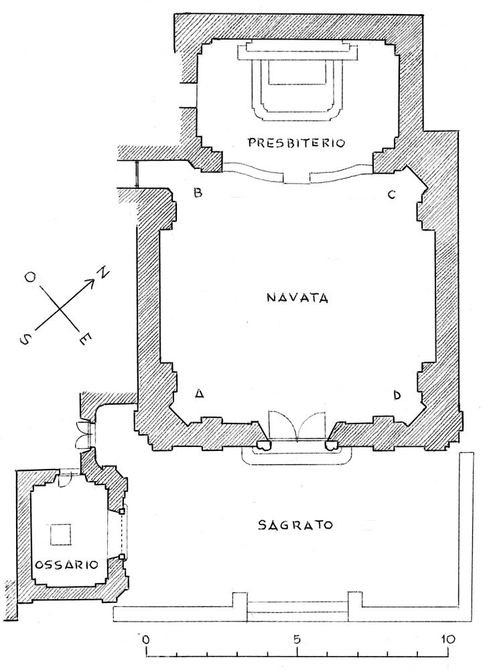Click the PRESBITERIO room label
coord(296,143)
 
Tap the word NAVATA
coord(297,297)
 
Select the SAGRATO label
coord(295,525)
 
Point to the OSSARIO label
coord(66,565)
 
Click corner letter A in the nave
coord(198,394)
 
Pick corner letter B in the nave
coord(198,193)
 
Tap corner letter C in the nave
coord(391,195)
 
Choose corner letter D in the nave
coord(397,396)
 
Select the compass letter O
coord(30,278)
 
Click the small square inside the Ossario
coord(61,534)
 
